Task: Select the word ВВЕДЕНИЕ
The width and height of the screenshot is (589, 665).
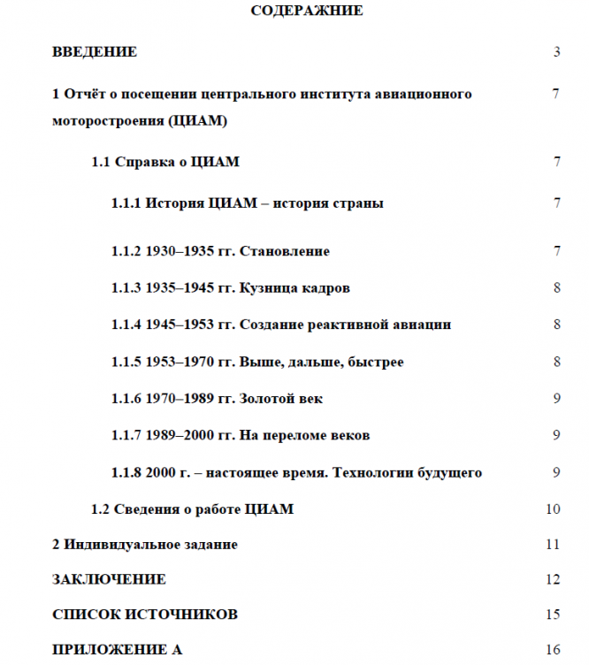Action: tap(95, 52)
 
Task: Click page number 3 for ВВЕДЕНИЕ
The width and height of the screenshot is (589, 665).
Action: tap(557, 52)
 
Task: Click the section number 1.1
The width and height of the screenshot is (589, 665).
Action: tap(101, 163)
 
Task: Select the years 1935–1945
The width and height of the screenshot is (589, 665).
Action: tap(178, 288)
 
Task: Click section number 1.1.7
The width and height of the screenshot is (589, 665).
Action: tap(126, 436)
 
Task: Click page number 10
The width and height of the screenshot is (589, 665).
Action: tap(554, 509)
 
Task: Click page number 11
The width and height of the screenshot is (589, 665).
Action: tap(554, 545)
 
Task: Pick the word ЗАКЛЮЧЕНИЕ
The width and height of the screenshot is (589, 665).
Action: tap(109, 580)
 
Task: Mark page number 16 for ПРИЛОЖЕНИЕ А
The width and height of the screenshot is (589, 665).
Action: tap(554, 650)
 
